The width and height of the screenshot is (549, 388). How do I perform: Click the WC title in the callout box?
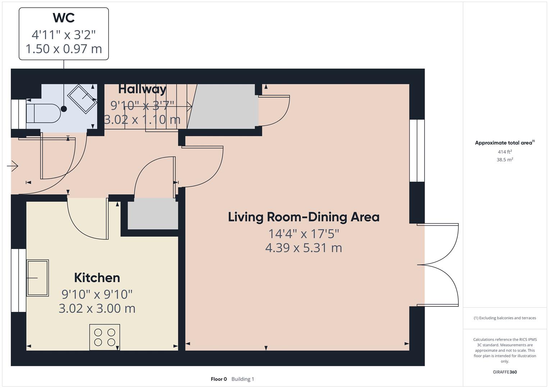(64, 18)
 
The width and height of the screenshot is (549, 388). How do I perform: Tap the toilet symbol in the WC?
(44, 113)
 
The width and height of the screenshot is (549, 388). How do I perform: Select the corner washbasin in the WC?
(83, 99)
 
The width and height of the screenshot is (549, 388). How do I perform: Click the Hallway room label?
(142, 89)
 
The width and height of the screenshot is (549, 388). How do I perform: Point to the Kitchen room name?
(97, 278)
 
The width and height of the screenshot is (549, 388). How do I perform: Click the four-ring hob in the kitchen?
(105, 337)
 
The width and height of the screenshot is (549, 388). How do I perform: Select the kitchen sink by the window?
(37, 278)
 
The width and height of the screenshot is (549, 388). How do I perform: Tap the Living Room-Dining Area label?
(303, 217)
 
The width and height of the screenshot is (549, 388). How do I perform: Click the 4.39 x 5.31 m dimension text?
(303, 248)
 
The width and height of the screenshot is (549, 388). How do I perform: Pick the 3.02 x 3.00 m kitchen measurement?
(97, 309)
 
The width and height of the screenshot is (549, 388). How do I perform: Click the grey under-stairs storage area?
(223, 106)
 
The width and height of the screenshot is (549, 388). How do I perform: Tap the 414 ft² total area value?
(504, 152)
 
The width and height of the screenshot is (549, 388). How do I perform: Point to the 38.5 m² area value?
(504, 160)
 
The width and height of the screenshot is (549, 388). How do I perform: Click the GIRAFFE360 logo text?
(504, 372)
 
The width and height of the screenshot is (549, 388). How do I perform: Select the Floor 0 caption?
(219, 379)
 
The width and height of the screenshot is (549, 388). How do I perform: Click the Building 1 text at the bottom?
(243, 379)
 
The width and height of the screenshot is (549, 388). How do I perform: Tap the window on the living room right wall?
(417, 151)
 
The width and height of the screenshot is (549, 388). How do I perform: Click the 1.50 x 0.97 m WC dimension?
(64, 49)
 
